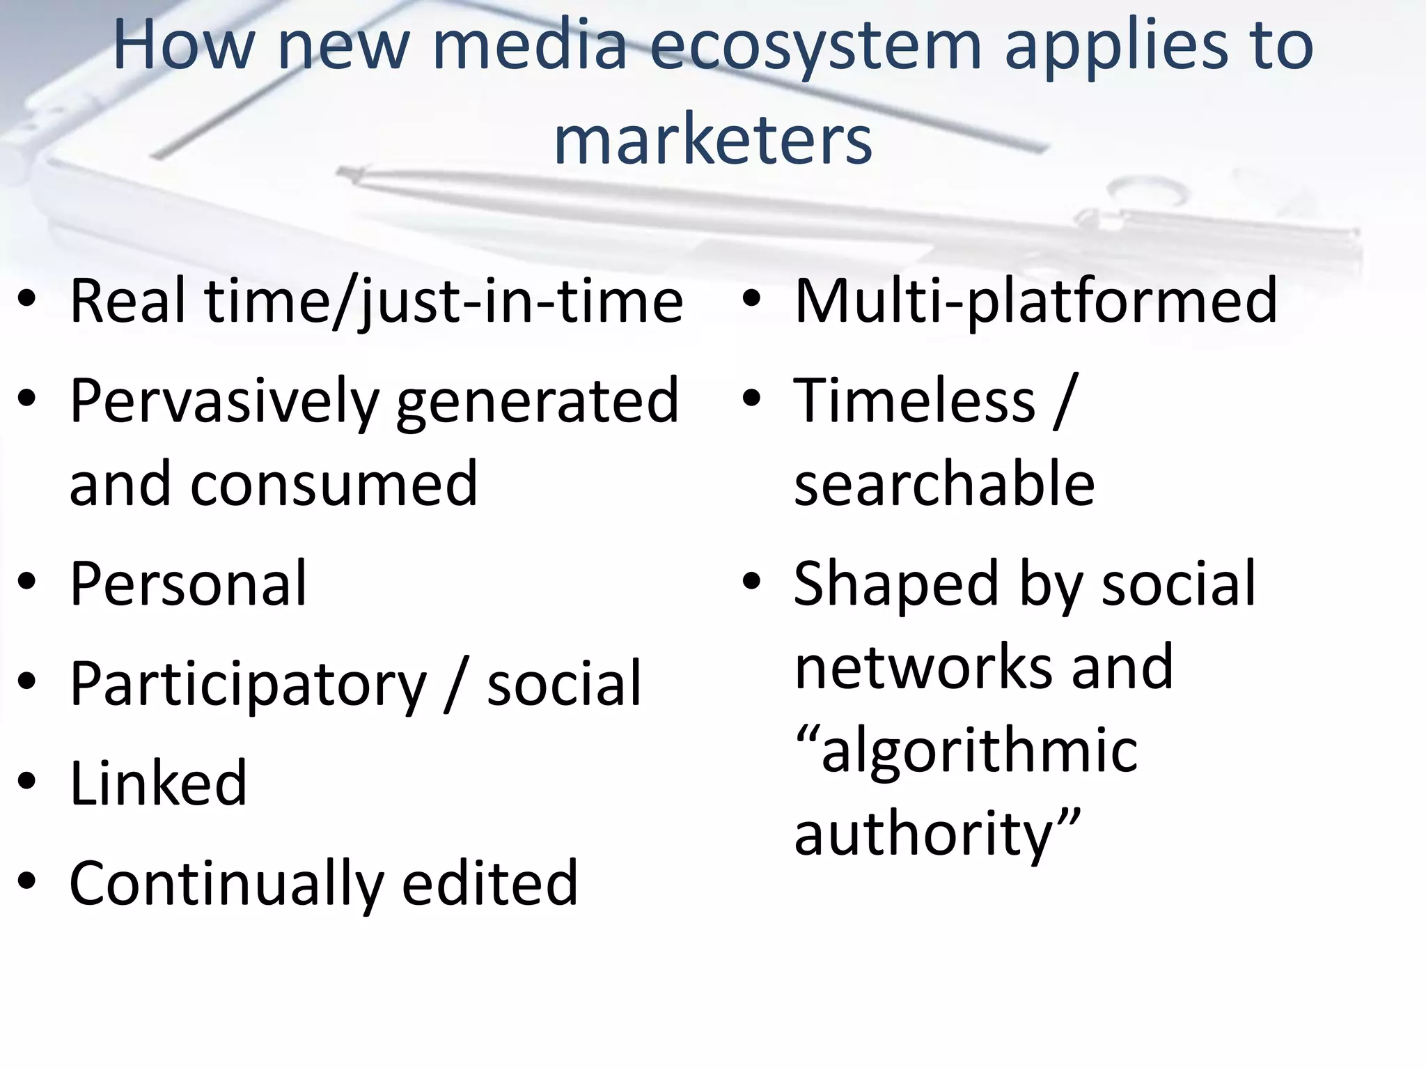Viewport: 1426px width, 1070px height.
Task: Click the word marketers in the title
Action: click(712, 141)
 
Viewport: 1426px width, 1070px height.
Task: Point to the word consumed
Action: click(334, 483)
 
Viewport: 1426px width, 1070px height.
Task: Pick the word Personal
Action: click(188, 584)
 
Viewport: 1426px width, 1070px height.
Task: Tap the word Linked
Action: click(158, 783)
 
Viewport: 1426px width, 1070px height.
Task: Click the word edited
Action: click(489, 883)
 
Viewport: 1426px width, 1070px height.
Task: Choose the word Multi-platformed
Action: click(1035, 302)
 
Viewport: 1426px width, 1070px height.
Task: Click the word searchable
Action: click(944, 483)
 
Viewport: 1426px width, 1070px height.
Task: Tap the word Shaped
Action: click(898, 585)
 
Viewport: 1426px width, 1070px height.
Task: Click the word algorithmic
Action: click(979, 752)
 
